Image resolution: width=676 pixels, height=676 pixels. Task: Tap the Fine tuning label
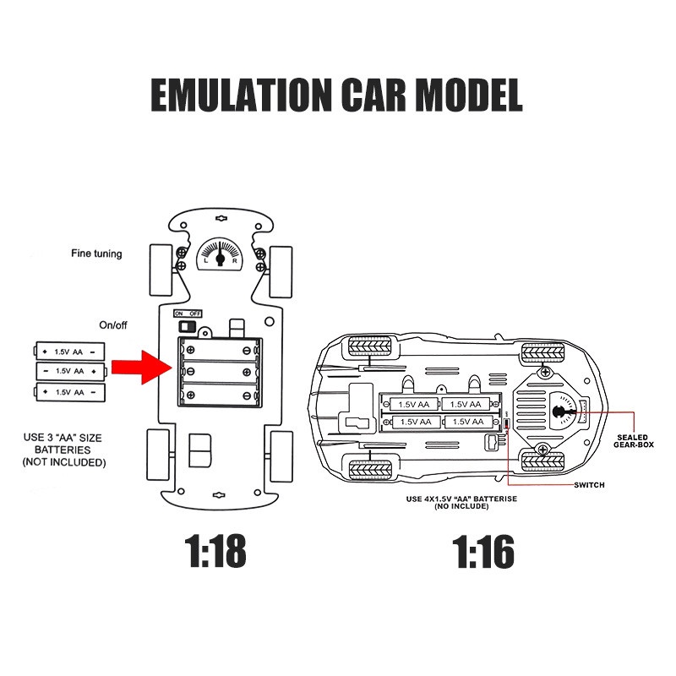tap(96, 253)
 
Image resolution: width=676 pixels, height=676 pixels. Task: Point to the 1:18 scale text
tap(216, 552)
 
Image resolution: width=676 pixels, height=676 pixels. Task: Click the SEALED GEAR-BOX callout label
tap(631, 442)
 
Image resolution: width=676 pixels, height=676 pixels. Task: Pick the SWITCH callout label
tap(590, 485)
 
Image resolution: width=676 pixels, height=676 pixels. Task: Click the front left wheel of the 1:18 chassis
tap(160, 270)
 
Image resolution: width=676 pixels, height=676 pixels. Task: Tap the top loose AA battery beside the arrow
tap(69, 350)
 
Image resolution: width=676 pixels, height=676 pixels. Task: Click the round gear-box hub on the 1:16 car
tap(559, 412)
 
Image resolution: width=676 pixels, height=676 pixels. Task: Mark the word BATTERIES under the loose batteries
tap(65, 450)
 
